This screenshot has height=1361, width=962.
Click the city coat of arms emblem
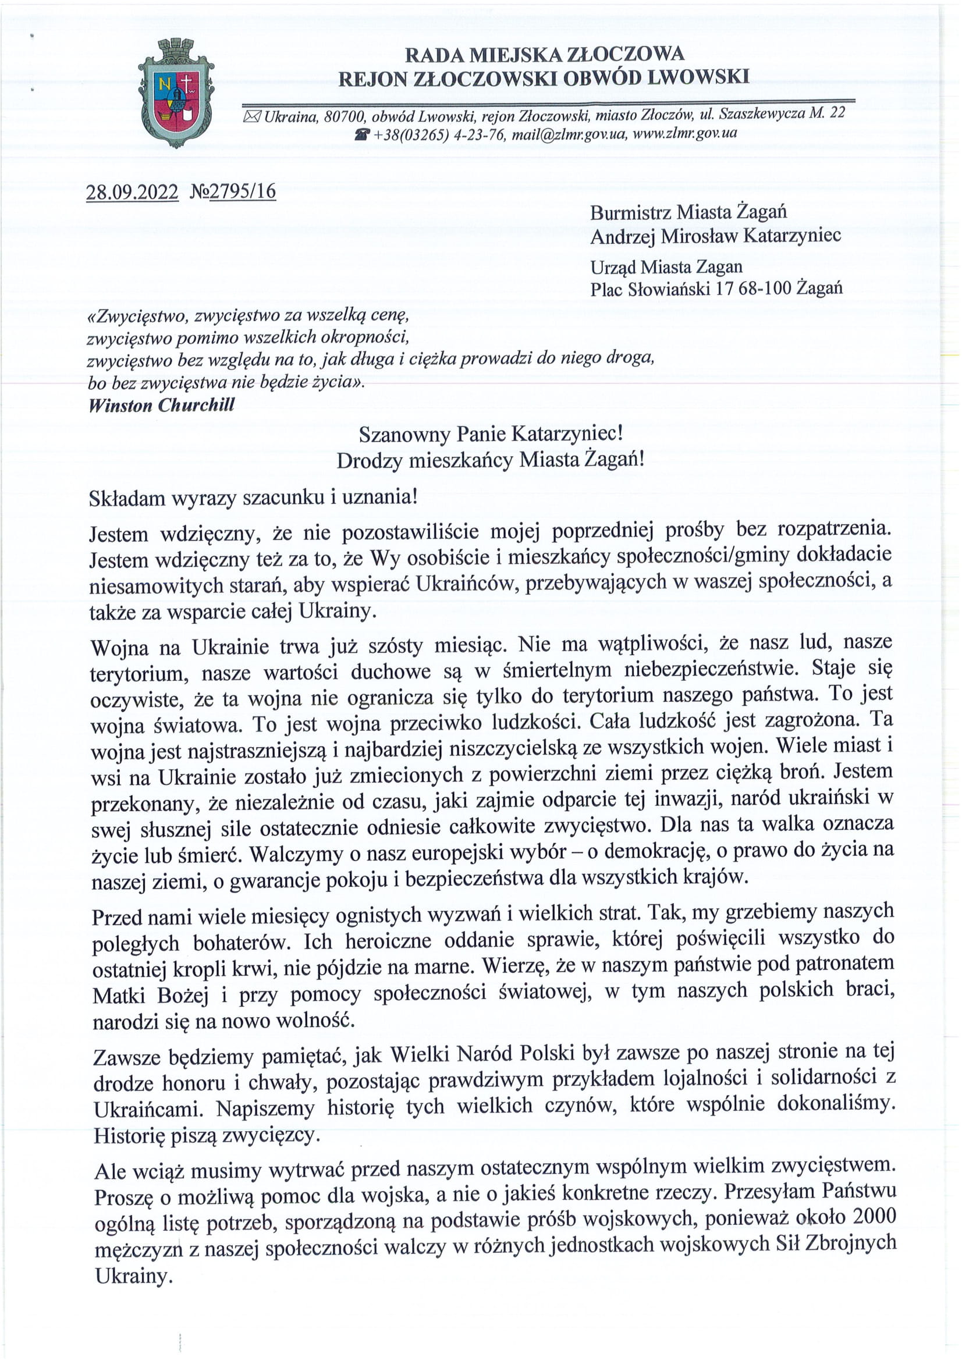pos(176,93)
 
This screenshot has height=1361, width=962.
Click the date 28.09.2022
pos(132,192)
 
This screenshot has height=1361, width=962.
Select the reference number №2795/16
pos(233,191)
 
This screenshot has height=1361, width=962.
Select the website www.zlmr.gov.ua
pos(684,132)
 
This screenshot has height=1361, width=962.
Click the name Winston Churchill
pos(161,405)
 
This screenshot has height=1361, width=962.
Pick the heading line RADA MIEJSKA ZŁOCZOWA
pos(544,55)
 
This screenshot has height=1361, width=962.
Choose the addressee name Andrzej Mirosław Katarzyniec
pos(715,236)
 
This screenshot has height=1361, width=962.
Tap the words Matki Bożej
pos(151,995)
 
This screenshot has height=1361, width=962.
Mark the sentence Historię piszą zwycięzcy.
pos(207,1135)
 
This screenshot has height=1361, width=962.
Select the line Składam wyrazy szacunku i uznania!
pos(253,497)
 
